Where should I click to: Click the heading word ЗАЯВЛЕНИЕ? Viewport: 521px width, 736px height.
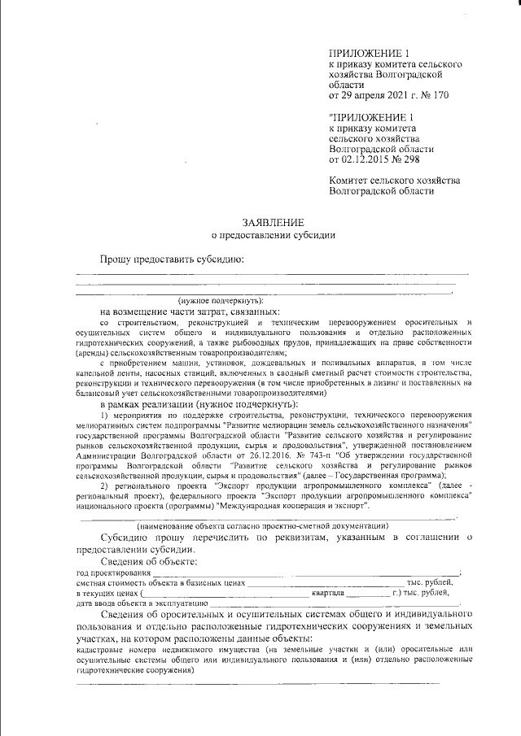[x=273, y=222]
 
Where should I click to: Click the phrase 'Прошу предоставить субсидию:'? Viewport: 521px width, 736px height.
[x=172, y=259]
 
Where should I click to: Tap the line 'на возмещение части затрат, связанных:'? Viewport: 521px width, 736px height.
[x=190, y=311]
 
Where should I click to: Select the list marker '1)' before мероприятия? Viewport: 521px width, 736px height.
[x=104, y=416]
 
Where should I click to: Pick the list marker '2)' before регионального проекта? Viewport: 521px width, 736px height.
[x=104, y=486]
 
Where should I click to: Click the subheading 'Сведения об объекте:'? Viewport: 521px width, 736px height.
[x=148, y=562]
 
